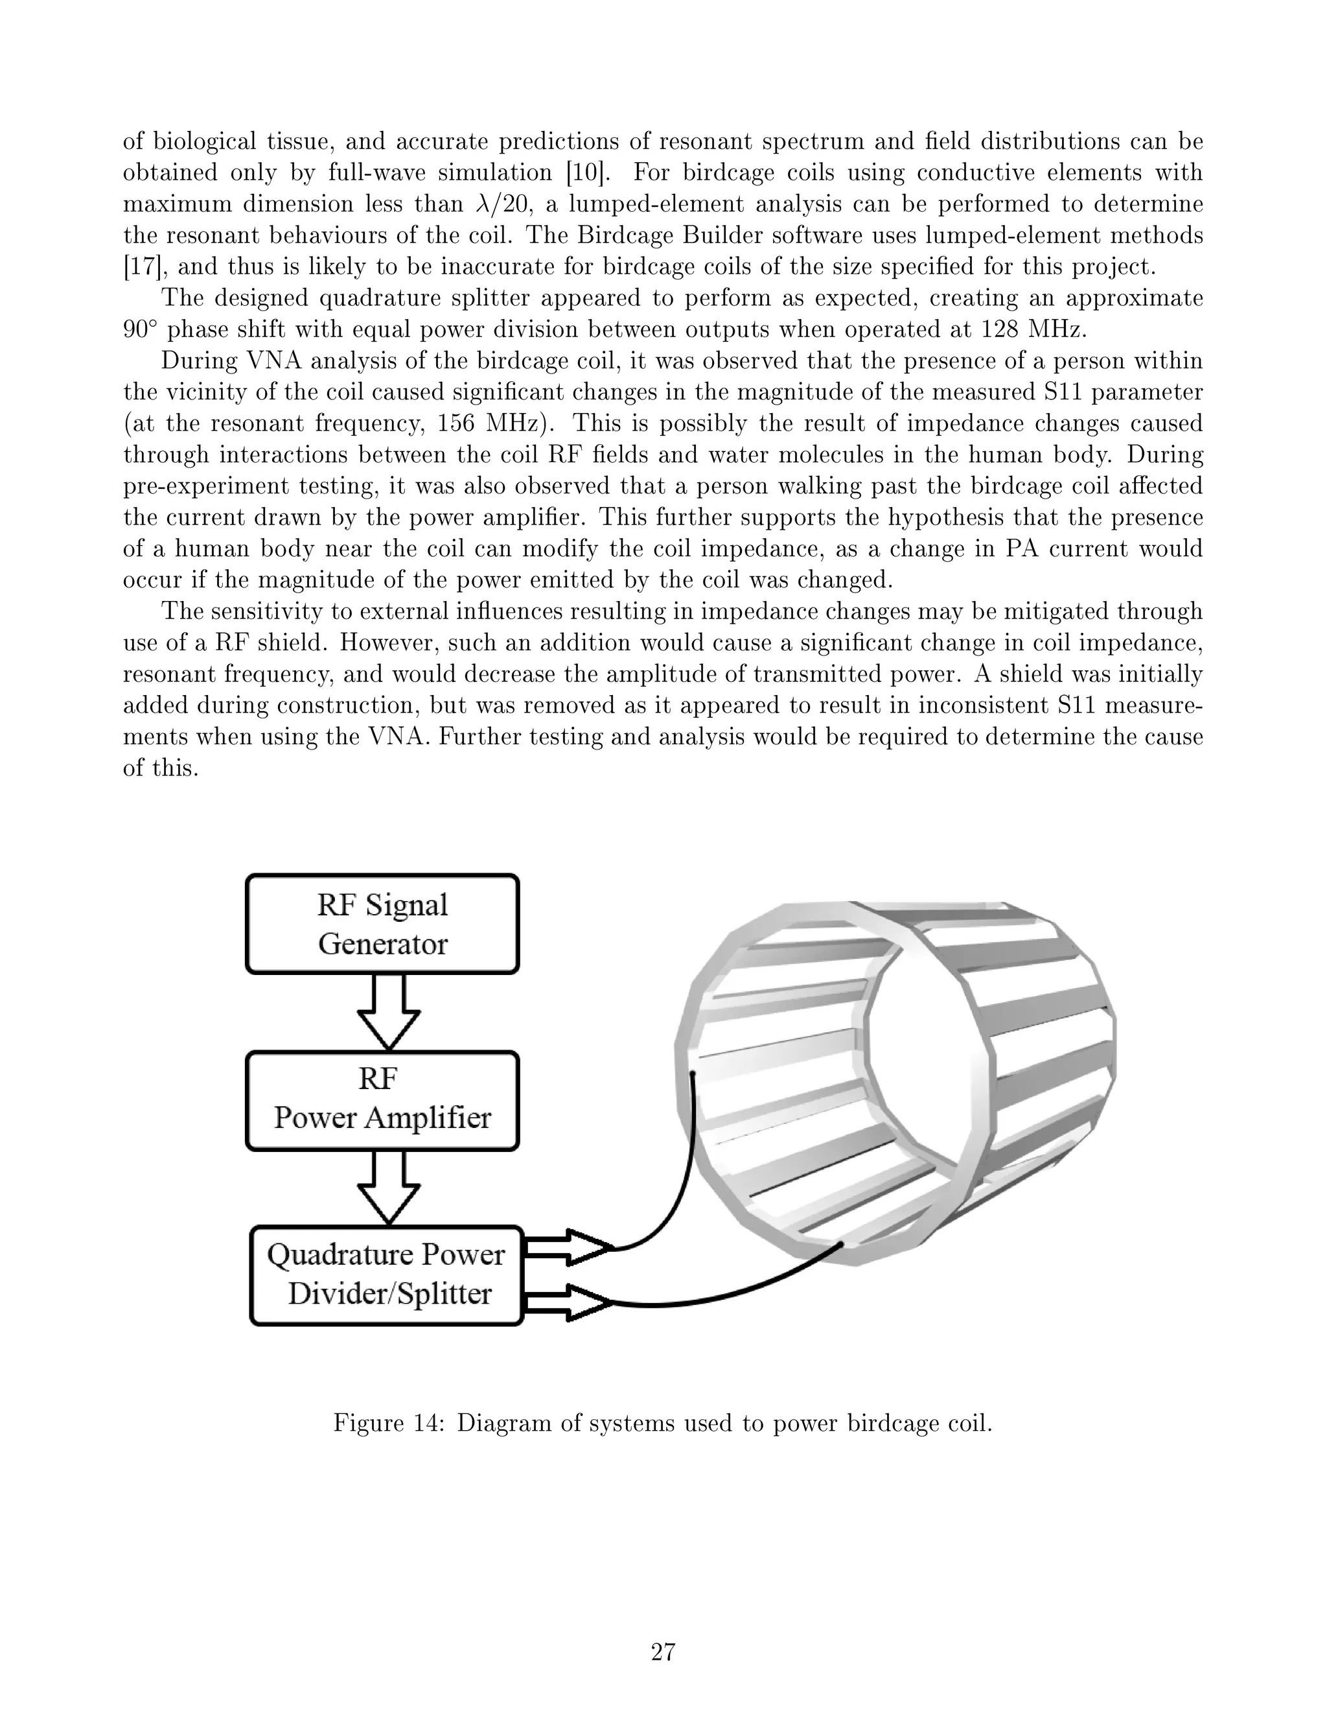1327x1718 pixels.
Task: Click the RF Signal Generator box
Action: pos(382,924)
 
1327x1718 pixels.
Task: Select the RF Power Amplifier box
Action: pos(382,1100)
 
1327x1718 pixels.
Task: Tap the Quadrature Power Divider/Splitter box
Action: pos(386,1275)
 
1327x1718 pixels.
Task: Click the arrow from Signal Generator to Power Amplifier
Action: pos(388,1013)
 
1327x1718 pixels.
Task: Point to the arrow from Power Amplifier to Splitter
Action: pos(388,1188)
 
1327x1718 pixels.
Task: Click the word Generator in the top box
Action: pos(382,944)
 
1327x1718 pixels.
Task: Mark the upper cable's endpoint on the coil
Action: pos(693,1072)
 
